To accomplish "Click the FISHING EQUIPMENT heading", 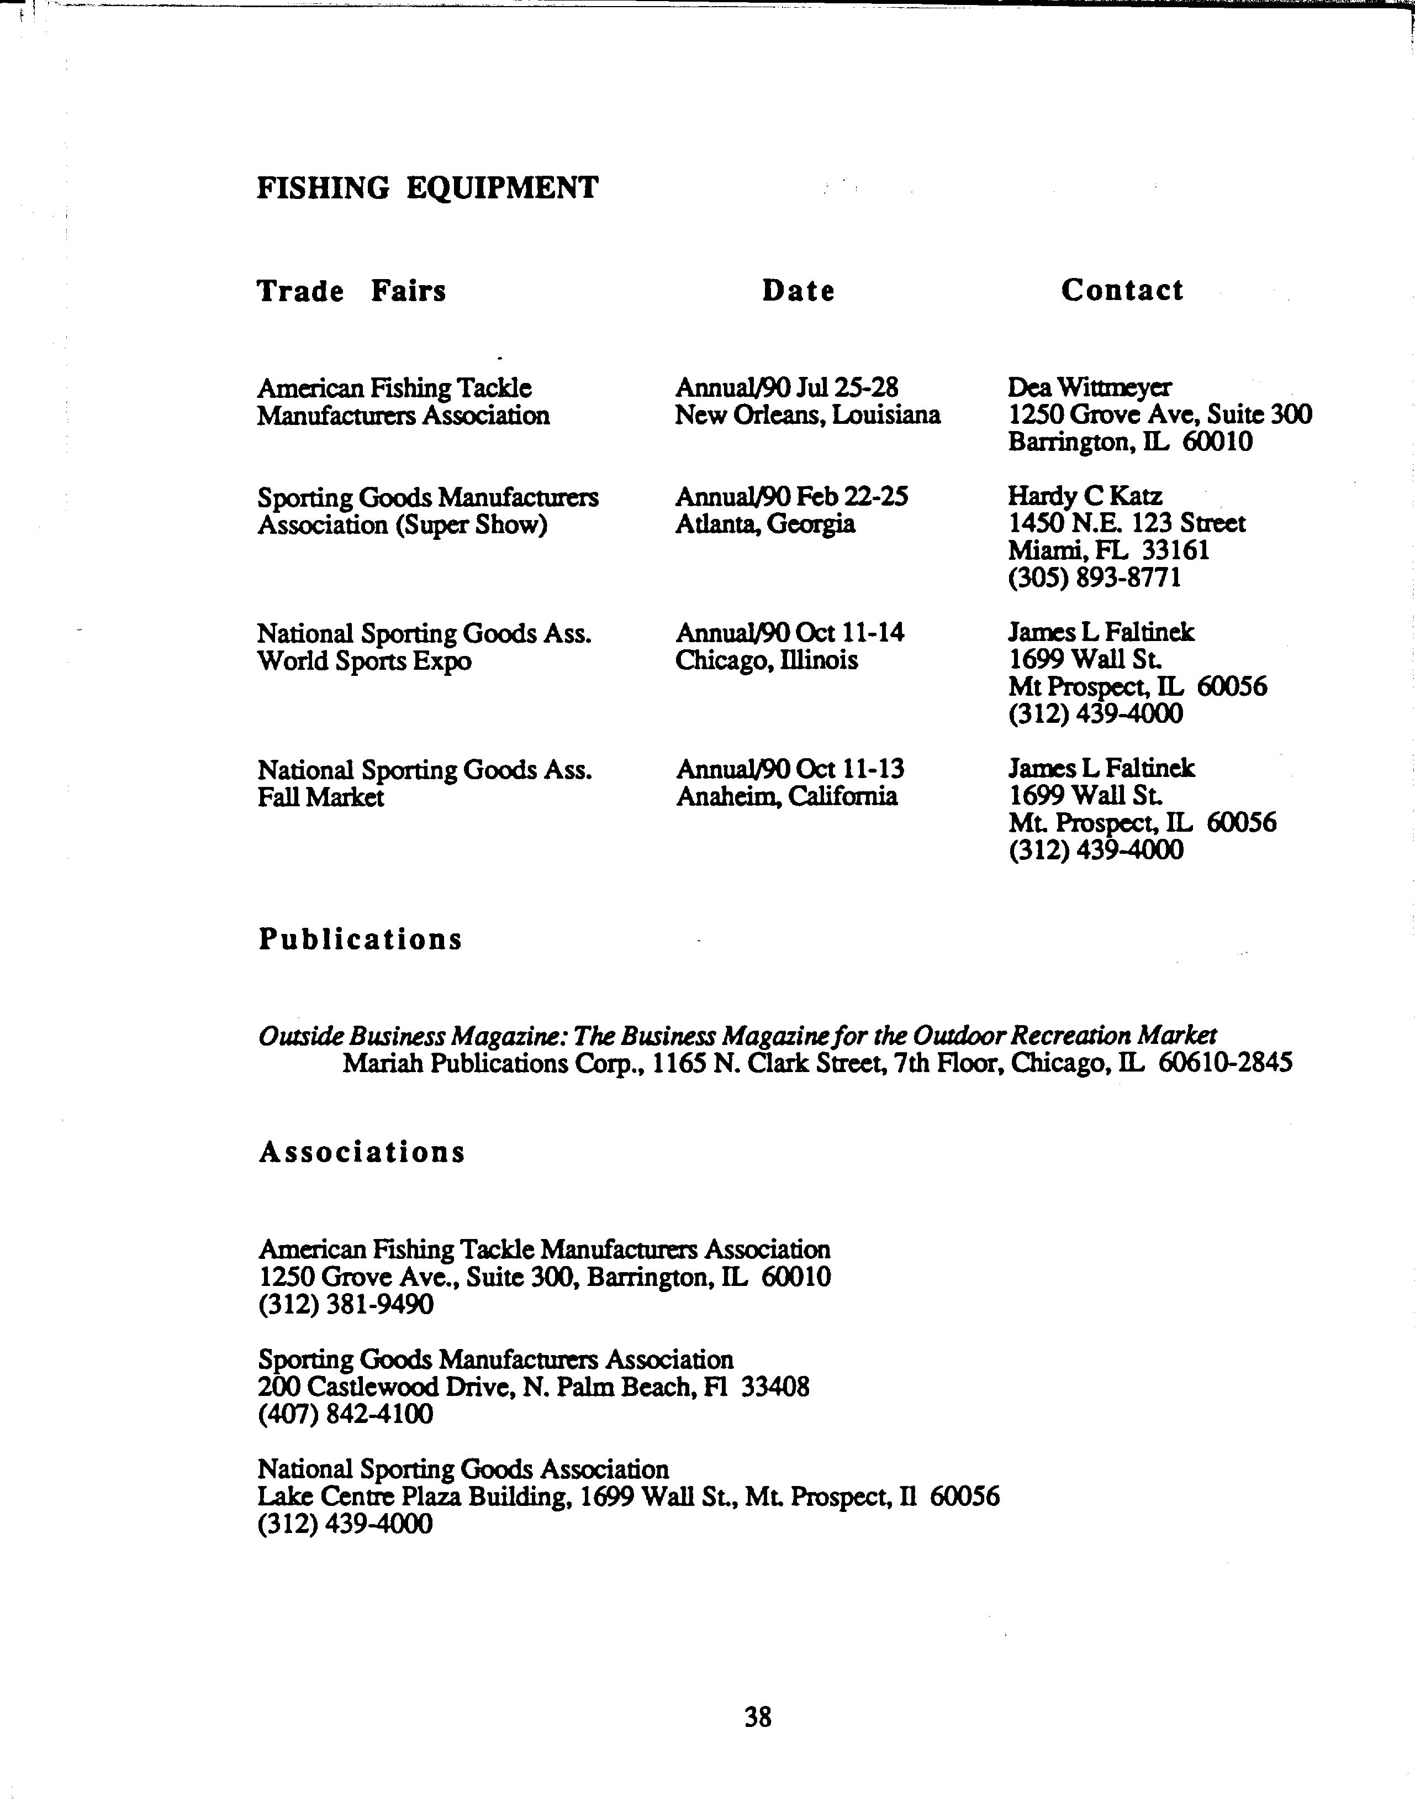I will tap(426, 188).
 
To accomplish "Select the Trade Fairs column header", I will tap(351, 291).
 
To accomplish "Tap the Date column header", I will tap(798, 290).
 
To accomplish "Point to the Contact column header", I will tap(1122, 289).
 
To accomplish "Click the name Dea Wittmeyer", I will tap(1089, 387).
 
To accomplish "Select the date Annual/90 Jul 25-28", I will tap(787, 387).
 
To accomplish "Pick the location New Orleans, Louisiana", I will tap(807, 414).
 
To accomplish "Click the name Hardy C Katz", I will tap(1085, 496).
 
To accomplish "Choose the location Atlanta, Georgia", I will tap(764, 524).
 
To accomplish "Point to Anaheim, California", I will tap(786, 796).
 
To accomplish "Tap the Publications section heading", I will tap(360, 939).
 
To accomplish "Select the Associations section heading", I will tap(362, 1151).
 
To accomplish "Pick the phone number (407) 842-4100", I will tap(346, 1414).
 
